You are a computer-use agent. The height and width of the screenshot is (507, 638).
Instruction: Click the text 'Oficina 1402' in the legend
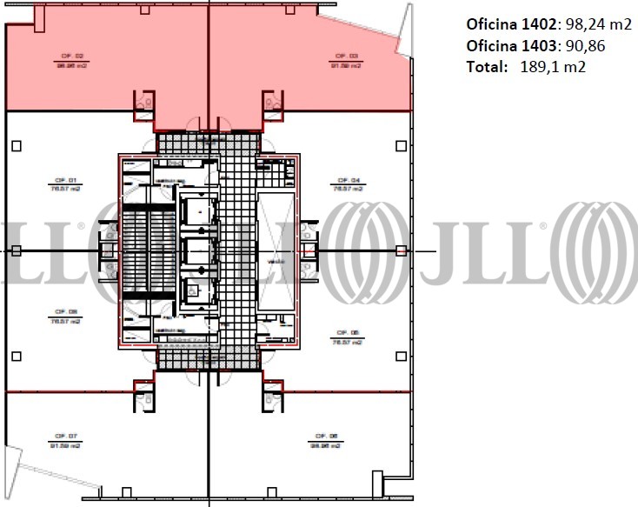tap(502, 24)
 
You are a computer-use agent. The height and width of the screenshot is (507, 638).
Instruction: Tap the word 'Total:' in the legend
tap(484, 66)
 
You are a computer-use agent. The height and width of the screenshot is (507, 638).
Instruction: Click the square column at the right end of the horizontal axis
tap(400, 250)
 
